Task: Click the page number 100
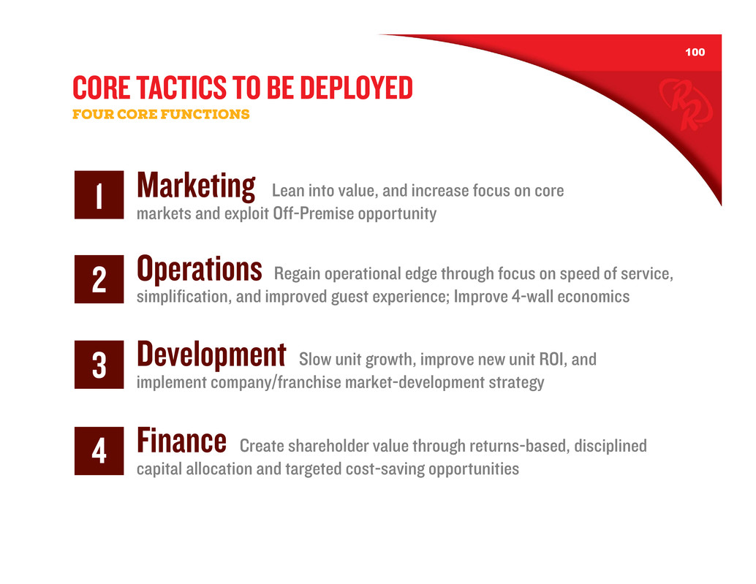(695, 52)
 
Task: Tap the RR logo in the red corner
(686, 104)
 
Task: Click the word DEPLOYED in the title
(356, 88)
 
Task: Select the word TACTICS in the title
(182, 88)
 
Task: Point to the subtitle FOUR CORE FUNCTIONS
(161, 114)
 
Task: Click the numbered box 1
(99, 194)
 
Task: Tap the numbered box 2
(99, 279)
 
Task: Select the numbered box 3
(99, 364)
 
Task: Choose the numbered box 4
(99, 450)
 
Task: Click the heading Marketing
(196, 186)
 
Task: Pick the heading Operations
(200, 269)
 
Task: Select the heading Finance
(182, 440)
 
